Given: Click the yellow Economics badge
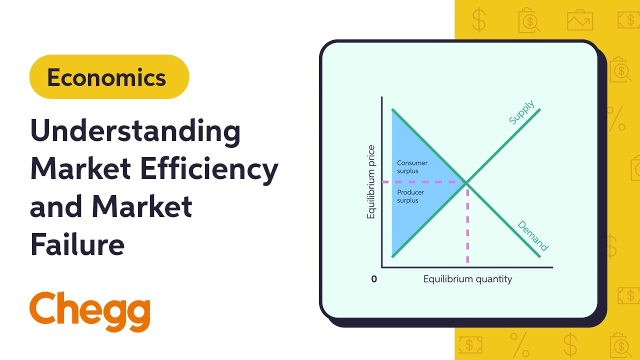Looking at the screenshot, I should coord(109,77).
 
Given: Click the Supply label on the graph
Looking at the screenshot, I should coord(521,112).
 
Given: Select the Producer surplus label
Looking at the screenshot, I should coord(411,196).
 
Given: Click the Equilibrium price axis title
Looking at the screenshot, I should coord(371,181).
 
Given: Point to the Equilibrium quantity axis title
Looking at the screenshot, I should coord(467,279).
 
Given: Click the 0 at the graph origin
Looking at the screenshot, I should coord(374,279).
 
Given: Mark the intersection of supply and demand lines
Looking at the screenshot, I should coord(466,183).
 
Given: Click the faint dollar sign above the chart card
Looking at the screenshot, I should coord(478,20).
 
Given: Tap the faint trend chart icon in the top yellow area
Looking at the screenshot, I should coord(579,20).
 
